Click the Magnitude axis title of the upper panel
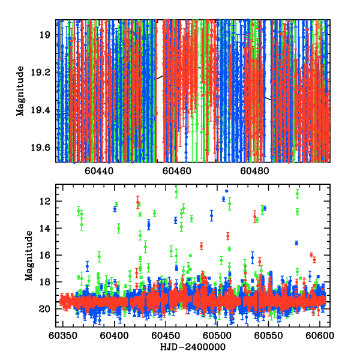(x=20, y=91)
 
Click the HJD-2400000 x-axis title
(x=194, y=348)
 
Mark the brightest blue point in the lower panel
(x=226, y=191)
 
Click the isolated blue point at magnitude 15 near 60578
(x=296, y=243)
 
